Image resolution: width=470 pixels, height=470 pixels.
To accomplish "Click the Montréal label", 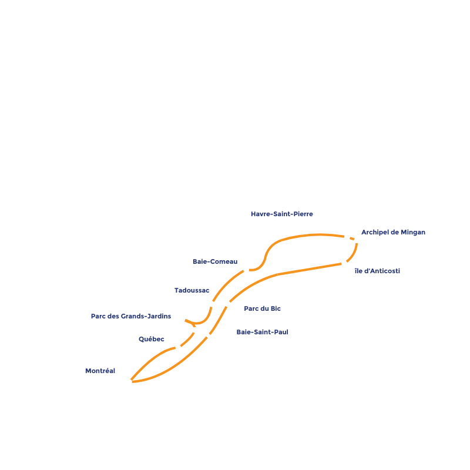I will [x=100, y=371].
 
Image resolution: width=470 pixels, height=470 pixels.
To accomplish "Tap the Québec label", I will [x=151, y=340].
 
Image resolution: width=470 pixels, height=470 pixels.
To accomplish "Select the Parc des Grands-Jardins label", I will [x=130, y=316].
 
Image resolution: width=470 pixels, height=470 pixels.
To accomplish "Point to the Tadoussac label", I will [x=192, y=290].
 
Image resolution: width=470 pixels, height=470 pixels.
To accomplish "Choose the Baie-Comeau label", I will [x=215, y=261].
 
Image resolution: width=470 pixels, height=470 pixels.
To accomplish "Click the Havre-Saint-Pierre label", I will [x=282, y=214].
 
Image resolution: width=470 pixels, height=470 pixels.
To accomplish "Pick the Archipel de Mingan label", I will [x=393, y=233].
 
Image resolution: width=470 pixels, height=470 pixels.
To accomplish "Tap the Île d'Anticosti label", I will [x=377, y=271].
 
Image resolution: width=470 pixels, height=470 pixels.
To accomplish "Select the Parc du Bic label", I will [x=262, y=308].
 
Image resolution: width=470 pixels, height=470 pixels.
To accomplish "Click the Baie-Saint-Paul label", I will [x=262, y=333].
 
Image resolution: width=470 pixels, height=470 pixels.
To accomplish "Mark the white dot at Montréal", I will [x=129, y=383].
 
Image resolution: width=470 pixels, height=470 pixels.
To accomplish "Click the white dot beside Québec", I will [x=179, y=348].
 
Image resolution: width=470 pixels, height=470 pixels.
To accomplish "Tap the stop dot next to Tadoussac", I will [x=211, y=304].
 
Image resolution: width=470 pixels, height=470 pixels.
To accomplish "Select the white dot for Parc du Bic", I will [x=228, y=304].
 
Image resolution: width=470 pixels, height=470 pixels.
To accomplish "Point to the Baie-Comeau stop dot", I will [x=246, y=270].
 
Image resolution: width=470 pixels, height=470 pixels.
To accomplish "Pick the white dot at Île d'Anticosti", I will [x=344, y=263].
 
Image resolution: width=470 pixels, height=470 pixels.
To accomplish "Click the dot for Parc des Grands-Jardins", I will [x=182, y=319].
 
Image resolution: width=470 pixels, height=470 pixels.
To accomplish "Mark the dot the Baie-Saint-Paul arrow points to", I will [x=195, y=330].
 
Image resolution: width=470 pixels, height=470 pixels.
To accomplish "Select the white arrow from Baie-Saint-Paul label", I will [x=214, y=335].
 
